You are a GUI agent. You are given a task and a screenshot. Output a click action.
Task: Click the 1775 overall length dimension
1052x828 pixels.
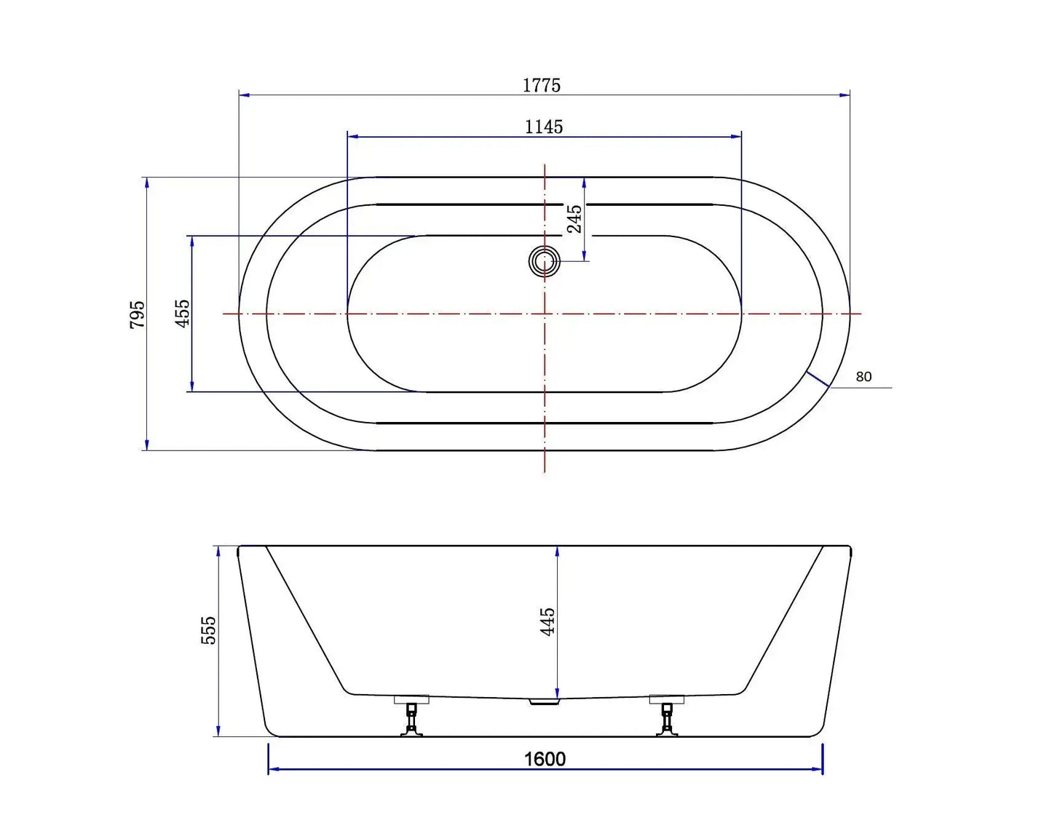tap(542, 85)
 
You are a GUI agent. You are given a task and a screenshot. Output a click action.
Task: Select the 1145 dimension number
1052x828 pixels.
tap(544, 127)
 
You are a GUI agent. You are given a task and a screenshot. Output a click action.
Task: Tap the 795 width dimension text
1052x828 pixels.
tap(138, 314)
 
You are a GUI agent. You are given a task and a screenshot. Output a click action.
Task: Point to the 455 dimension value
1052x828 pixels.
tap(182, 313)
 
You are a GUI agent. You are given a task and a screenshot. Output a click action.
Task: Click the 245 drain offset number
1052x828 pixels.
tap(574, 218)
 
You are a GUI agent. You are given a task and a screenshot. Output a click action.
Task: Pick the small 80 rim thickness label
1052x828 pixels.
tap(863, 377)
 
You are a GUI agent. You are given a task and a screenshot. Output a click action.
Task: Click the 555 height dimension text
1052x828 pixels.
tap(208, 630)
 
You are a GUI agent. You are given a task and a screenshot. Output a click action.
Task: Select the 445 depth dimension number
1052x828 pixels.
tap(547, 621)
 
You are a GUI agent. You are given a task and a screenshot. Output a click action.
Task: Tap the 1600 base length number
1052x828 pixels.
tap(545, 759)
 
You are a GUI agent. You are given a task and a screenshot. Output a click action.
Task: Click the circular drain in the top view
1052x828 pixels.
tap(544, 261)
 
